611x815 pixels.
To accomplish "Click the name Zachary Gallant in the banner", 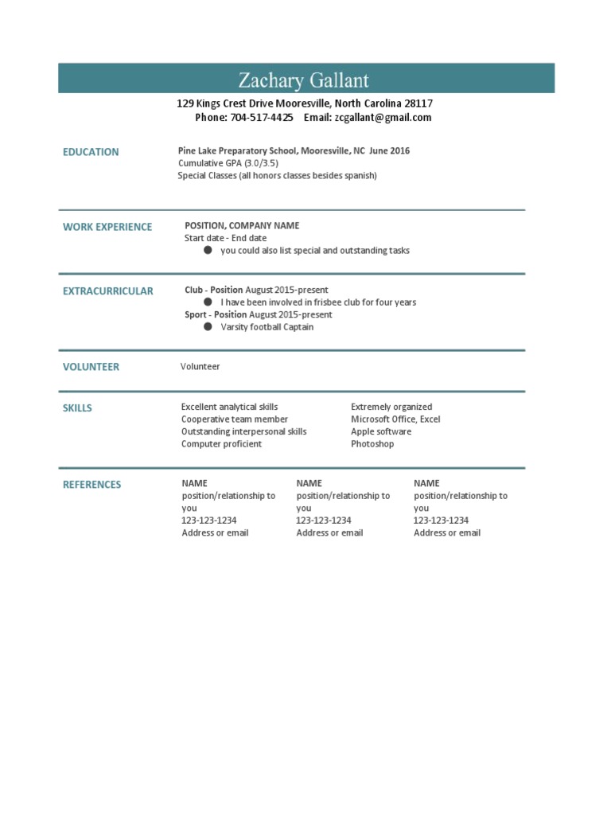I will [304, 80].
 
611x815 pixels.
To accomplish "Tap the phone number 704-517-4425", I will [262, 117].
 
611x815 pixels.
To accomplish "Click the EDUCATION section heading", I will [91, 152].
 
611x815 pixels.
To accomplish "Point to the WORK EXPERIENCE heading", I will [107, 227].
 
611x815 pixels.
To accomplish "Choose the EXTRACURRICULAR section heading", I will [108, 291].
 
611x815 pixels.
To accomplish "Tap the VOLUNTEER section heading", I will [91, 367].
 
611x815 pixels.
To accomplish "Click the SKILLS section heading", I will [77, 408].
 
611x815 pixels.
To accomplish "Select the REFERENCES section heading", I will [92, 485].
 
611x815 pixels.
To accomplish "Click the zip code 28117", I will [418, 103].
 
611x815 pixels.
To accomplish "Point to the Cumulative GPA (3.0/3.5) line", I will [228, 163].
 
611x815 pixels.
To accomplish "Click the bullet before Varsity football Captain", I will [208, 326].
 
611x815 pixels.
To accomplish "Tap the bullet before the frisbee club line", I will [208, 302].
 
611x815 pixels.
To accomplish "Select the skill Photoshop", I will [372, 444].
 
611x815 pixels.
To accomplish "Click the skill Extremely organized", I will [391, 407].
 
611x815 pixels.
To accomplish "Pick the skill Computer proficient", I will [221, 444].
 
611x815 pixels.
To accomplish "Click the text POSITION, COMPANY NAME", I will [242, 226].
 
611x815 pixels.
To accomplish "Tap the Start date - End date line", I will [226, 238].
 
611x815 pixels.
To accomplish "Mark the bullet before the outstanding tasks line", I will [208, 250].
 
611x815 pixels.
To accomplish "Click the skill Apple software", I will [381, 431].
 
